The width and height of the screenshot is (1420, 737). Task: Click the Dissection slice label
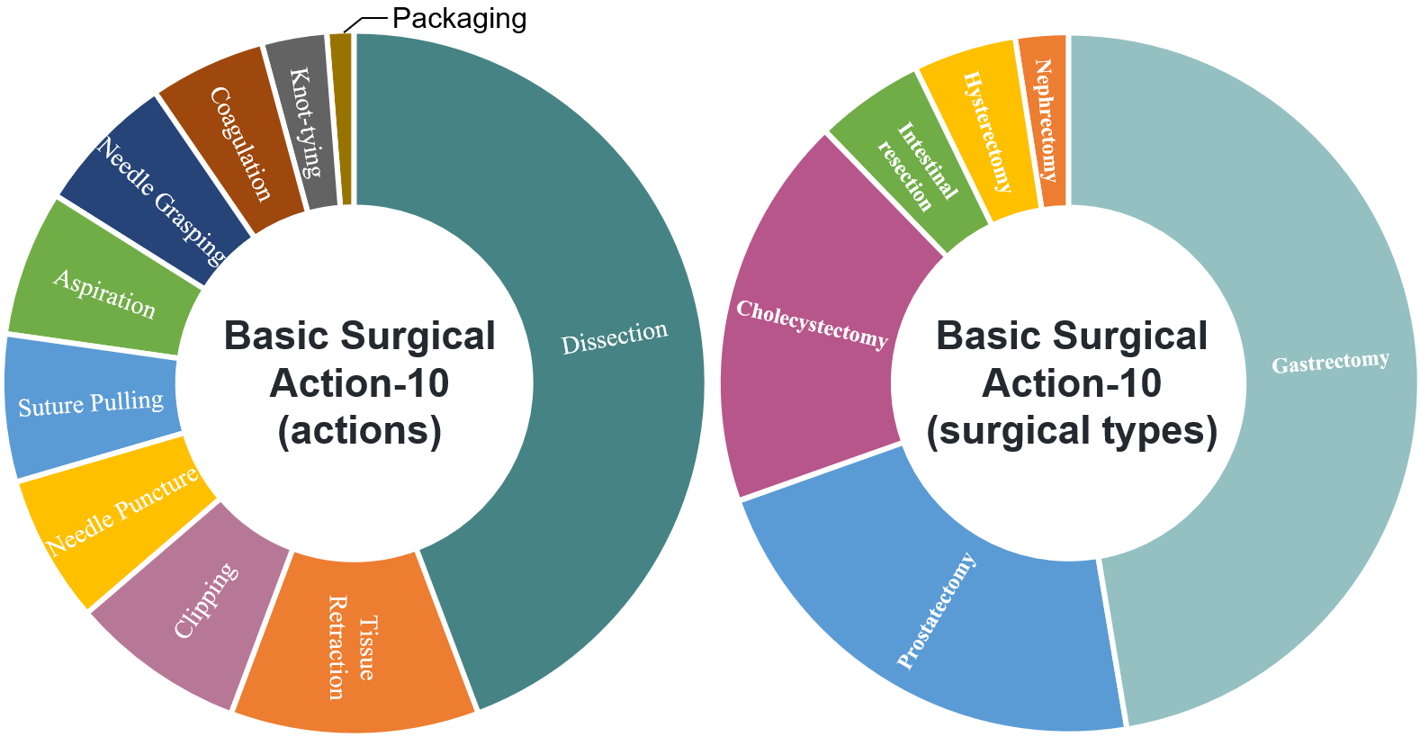pyautogui.click(x=615, y=338)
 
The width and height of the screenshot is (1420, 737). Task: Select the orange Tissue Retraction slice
pyautogui.click(x=353, y=643)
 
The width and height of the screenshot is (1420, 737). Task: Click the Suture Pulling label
pyautogui.click(x=91, y=404)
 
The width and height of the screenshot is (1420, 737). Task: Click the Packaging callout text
pyautogui.click(x=459, y=18)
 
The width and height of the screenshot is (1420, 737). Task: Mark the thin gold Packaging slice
pyautogui.click(x=340, y=117)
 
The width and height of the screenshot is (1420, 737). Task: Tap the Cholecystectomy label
pyautogui.click(x=812, y=324)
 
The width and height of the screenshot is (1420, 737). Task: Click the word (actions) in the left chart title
pyautogui.click(x=359, y=430)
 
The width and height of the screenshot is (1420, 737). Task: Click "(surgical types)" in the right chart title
pyautogui.click(x=1072, y=430)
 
